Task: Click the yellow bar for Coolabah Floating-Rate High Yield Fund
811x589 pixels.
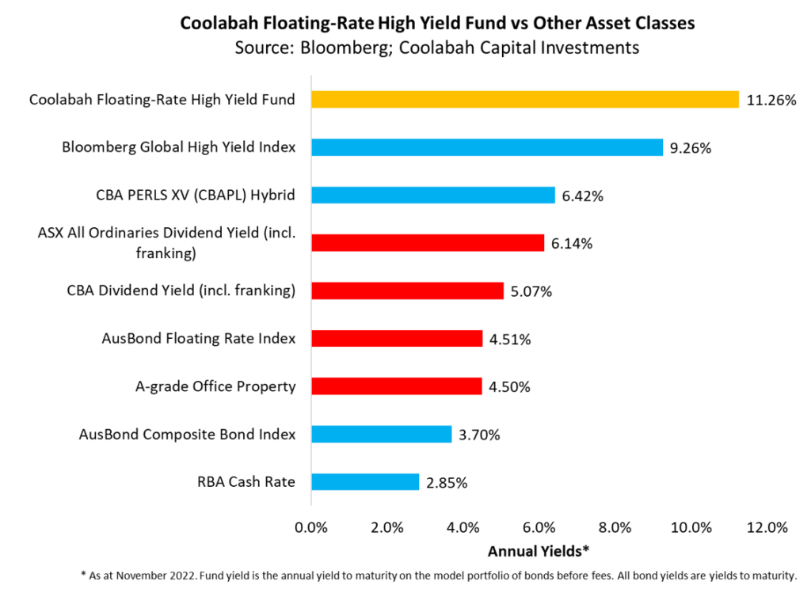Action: (524, 100)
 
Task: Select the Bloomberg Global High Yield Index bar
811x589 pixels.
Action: (486, 147)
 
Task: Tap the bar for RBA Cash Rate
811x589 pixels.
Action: (364, 481)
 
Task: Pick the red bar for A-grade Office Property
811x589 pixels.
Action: (396, 386)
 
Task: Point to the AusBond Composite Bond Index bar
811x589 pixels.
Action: (381, 434)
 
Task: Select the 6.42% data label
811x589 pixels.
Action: (582, 196)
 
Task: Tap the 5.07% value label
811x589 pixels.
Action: (531, 291)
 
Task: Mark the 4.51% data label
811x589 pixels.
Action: (509, 339)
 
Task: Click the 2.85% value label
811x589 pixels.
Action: (446, 482)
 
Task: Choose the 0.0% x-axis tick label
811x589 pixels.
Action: (311, 527)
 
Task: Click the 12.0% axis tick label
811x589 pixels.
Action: (767, 527)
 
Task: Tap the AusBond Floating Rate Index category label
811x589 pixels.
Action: (199, 338)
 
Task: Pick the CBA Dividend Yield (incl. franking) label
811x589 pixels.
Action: (181, 291)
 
